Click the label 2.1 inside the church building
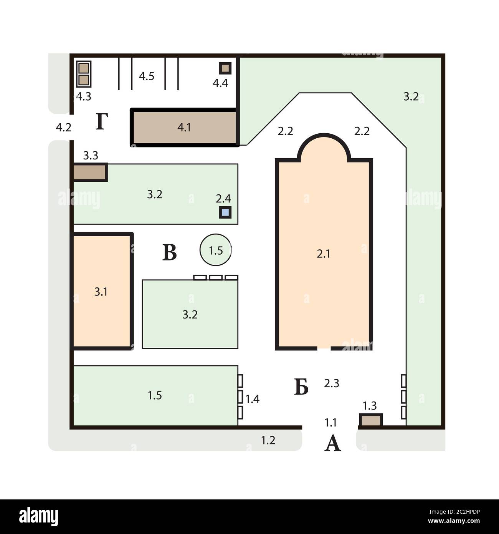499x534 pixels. [x=323, y=254]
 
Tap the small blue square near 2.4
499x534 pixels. [x=225, y=213]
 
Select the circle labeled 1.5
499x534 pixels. [x=215, y=250]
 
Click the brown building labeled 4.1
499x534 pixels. [x=184, y=128]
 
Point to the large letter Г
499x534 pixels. [x=102, y=121]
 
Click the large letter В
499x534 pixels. [x=170, y=253]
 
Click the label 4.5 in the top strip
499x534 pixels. [x=147, y=76]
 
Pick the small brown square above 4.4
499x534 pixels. [x=225, y=68]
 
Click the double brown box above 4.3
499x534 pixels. [x=84, y=74]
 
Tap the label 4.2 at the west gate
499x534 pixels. [x=63, y=128]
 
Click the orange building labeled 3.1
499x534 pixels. [x=102, y=292]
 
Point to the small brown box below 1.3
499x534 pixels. [x=371, y=420]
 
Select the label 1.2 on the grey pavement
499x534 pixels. [x=268, y=440]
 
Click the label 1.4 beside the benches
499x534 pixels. [x=253, y=399]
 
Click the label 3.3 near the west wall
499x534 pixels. [x=91, y=156]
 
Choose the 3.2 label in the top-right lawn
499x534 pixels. [x=411, y=97]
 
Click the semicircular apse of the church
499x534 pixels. [x=324, y=135]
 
